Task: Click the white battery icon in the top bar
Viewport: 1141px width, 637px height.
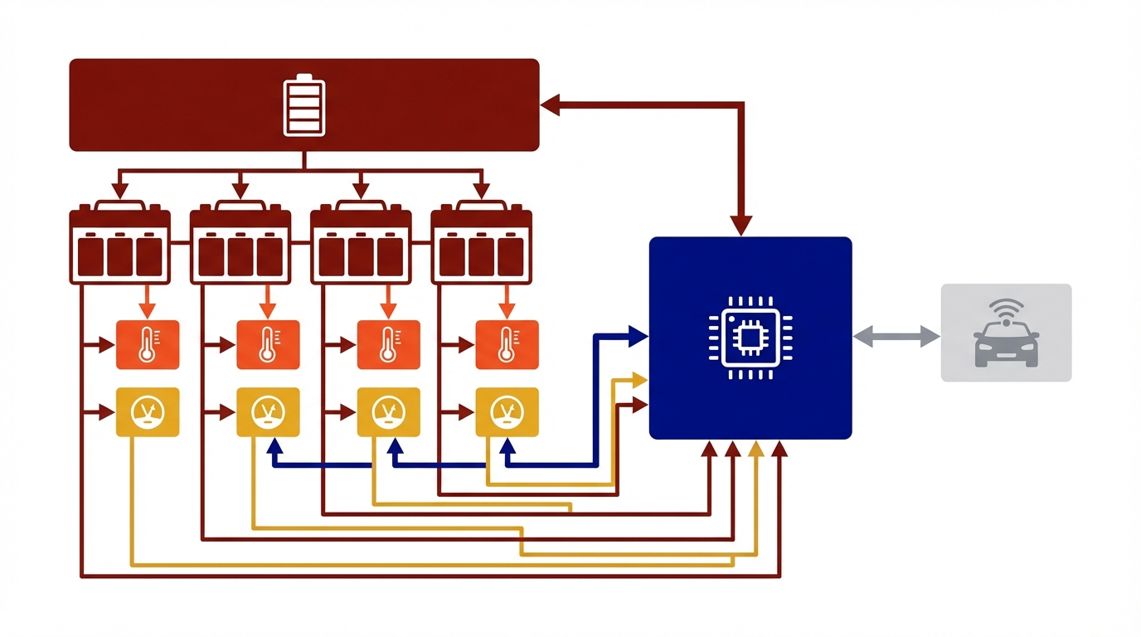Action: [304, 105]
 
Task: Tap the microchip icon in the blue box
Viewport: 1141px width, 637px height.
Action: [750, 338]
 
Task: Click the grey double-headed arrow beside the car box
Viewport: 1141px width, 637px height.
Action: [896, 337]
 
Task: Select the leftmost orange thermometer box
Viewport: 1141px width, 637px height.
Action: [148, 345]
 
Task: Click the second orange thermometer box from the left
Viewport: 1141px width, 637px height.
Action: [268, 345]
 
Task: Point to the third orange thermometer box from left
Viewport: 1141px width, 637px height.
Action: [388, 345]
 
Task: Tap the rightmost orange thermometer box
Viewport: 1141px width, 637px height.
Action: [507, 345]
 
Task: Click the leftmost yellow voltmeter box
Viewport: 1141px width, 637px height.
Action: [148, 412]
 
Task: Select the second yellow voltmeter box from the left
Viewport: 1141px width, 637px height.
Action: [268, 412]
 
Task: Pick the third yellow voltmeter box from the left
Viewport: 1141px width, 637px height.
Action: [388, 412]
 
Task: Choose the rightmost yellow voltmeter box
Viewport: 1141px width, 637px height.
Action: [507, 412]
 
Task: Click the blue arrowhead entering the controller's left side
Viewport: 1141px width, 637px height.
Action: [638, 336]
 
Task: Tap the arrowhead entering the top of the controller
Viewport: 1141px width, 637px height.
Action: [742, 226]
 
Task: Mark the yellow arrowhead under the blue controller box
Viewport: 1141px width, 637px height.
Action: [755, 450]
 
